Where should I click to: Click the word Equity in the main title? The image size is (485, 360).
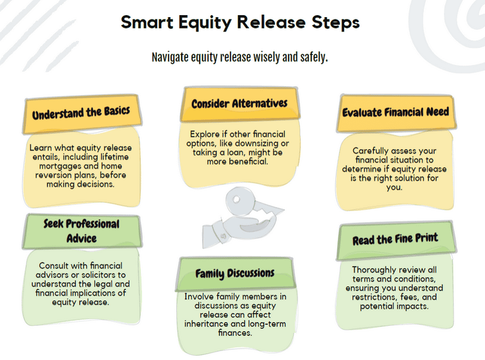[x=205, y=23]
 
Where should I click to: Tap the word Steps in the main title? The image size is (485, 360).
[x=335, y=23]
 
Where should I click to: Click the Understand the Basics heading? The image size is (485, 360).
[x=81, y=112]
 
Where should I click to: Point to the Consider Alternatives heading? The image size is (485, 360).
[x=239, y=104]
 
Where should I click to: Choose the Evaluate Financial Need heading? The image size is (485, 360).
[x=395, y=112]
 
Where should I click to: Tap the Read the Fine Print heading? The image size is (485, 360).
[x=395, y=239]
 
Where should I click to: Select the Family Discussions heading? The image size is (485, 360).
[x=235, y=273]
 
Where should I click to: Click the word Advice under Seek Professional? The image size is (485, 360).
[x=81, y=239]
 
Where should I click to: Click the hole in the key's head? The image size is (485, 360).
[x=236, y=199]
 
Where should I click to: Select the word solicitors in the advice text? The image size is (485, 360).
[x=105, y=275]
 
